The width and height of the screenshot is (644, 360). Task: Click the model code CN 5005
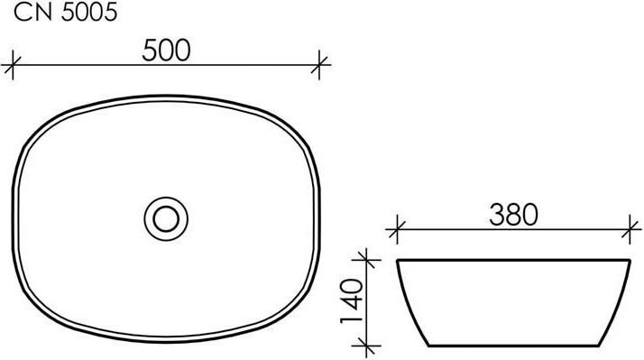point(66,13)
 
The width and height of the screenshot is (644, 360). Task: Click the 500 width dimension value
point(166,51)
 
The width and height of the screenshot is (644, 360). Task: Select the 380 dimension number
point(513,215)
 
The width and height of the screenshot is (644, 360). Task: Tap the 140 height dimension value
point(352,301)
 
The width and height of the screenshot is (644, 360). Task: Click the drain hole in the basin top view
point(166,218)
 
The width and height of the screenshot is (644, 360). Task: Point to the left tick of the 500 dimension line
point(13,65)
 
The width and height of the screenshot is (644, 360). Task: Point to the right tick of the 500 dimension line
point(319,65)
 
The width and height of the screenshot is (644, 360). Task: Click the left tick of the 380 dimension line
point(397,229)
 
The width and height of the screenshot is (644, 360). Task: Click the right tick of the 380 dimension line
point(630,229)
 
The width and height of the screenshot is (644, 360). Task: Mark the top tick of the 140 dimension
point(366,260)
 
